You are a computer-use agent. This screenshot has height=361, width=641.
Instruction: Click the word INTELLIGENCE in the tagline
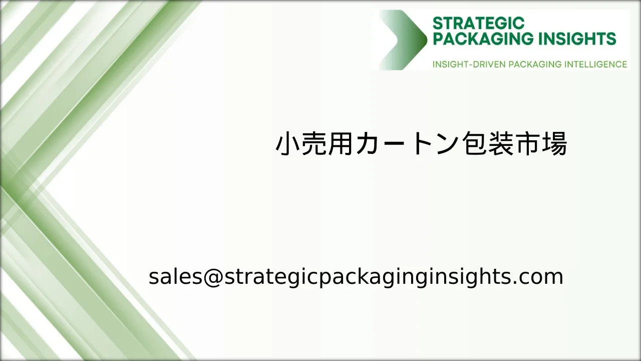595,64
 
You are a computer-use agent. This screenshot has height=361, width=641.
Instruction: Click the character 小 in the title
289,144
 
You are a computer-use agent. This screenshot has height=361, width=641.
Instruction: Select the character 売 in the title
320,144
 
